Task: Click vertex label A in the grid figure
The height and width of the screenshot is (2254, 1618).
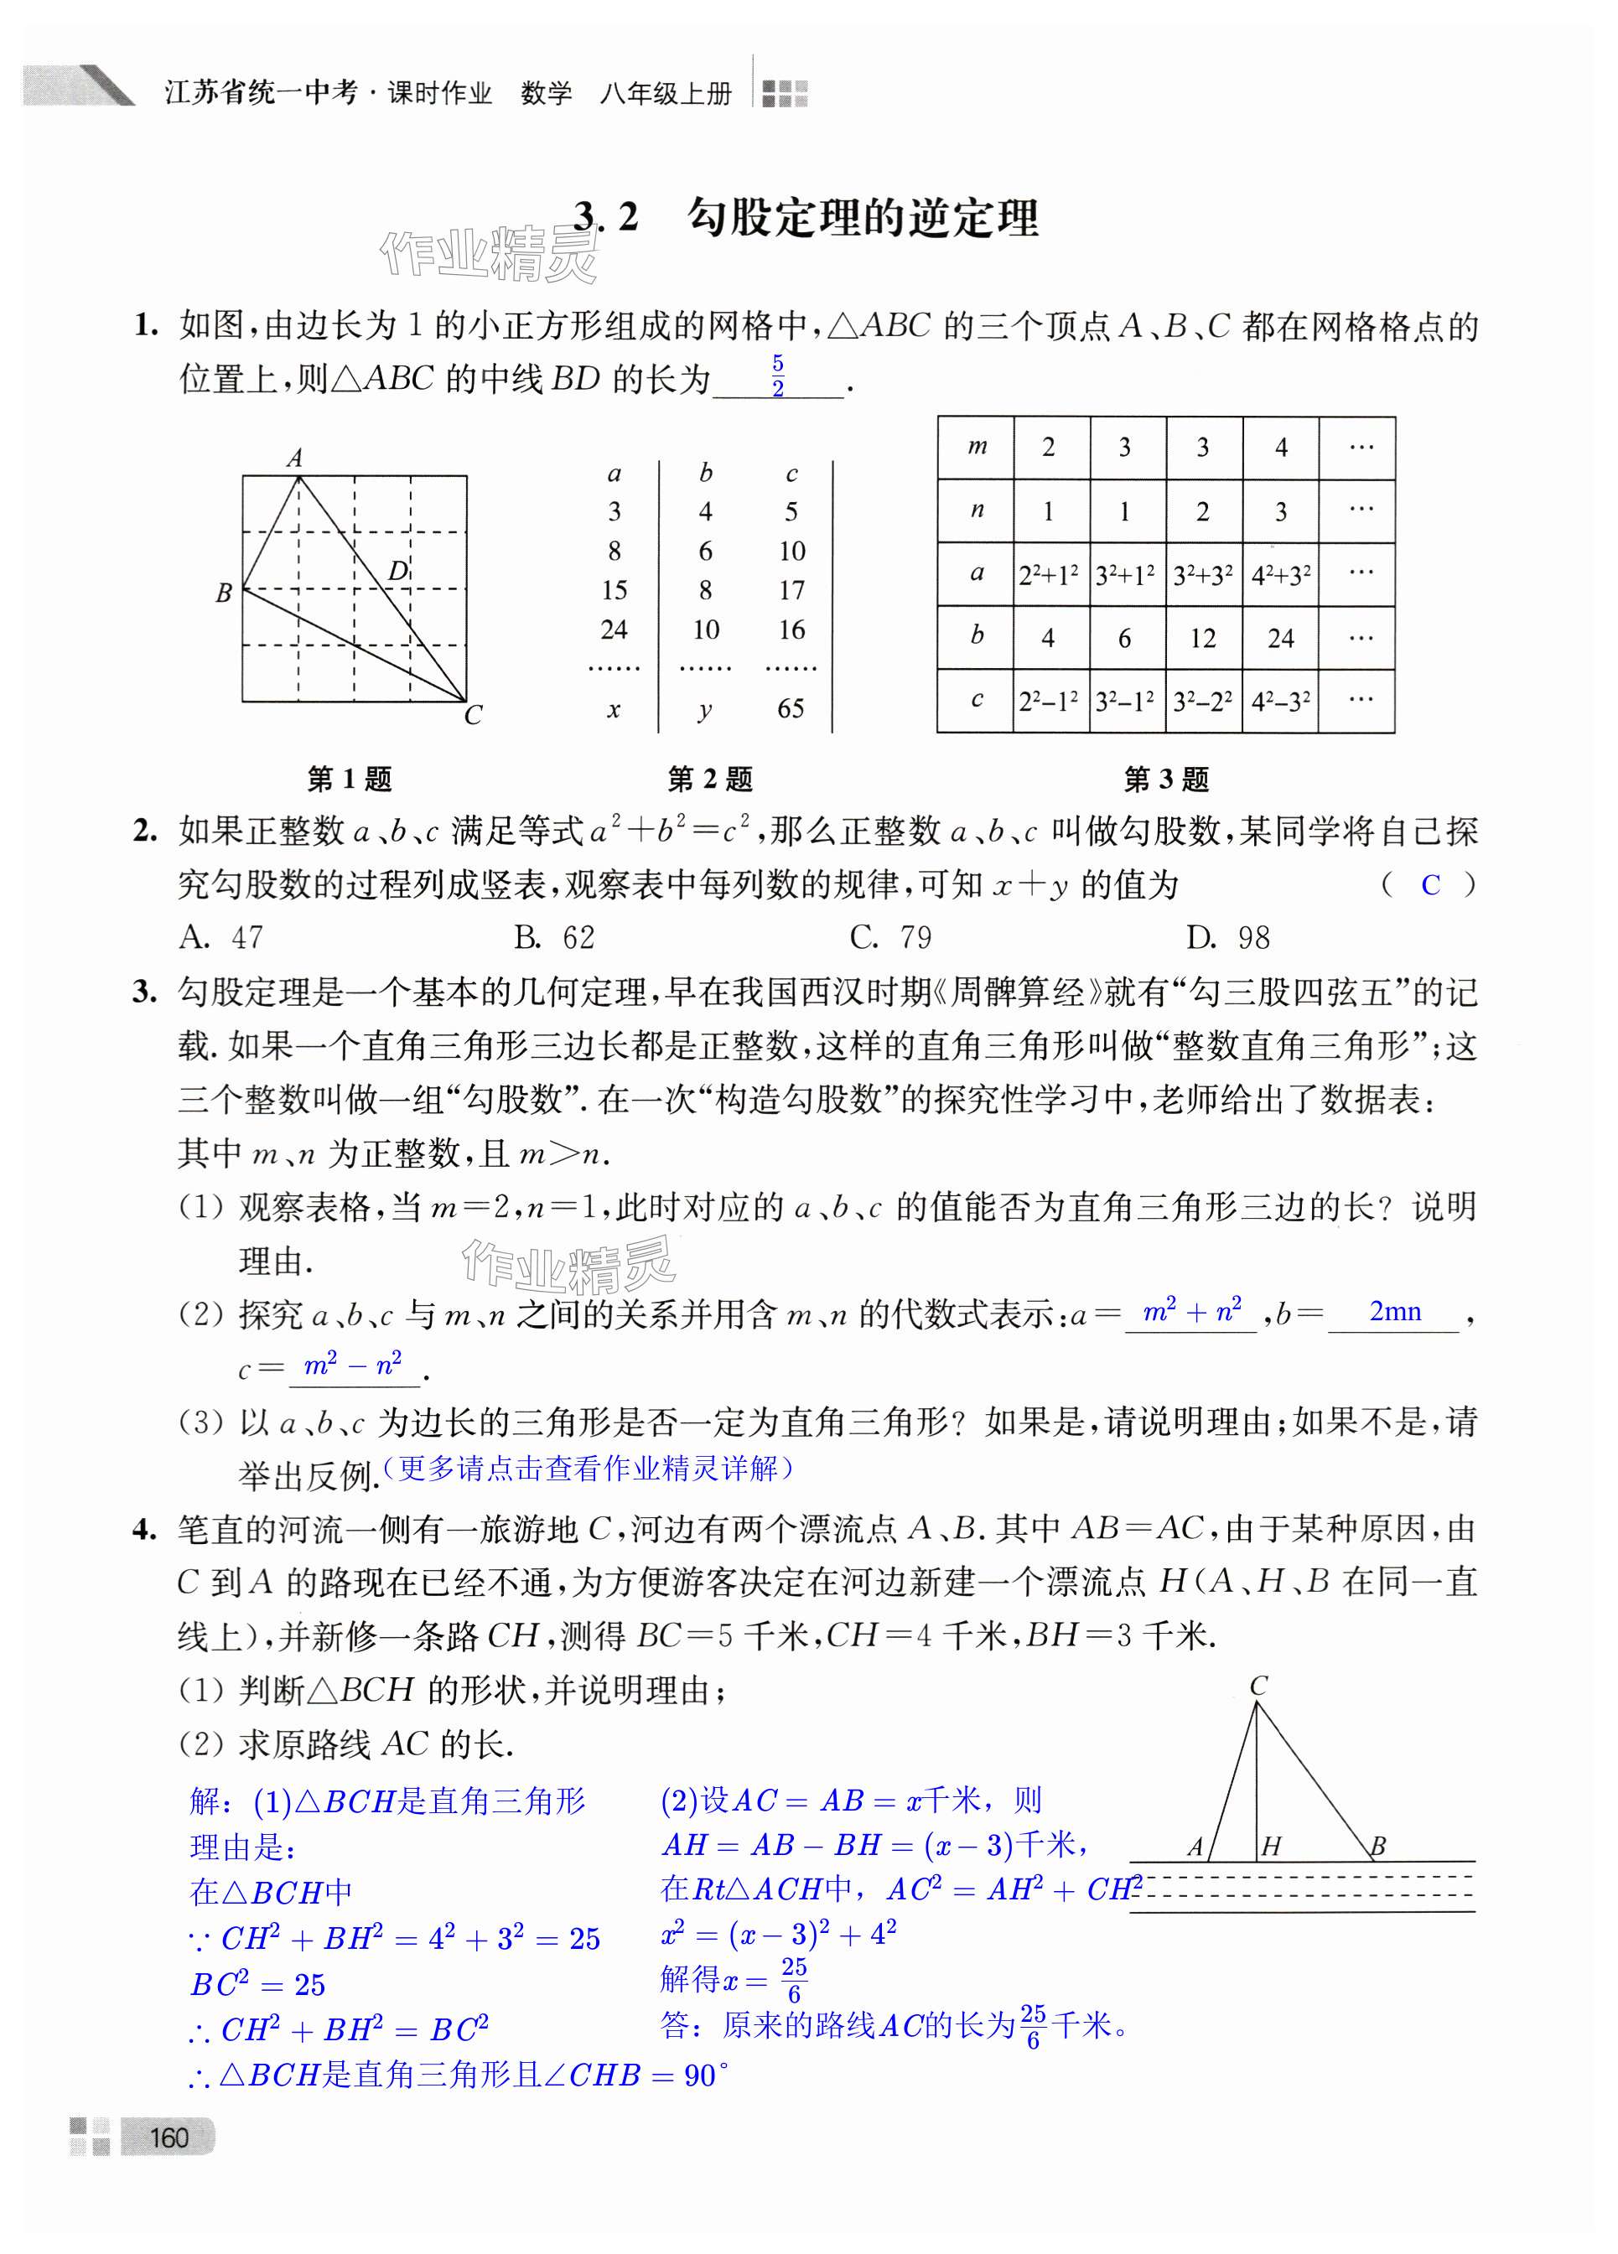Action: pos(295,459)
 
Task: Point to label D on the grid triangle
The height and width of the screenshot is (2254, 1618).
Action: pos(398,571)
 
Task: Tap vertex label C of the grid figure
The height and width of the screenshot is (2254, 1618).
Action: pos(473,714)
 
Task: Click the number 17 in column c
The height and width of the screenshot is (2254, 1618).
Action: pos(791,590)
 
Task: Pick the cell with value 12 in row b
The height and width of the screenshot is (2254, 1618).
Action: pos(1202,638)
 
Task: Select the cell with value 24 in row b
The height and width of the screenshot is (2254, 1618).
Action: pos(1280,638)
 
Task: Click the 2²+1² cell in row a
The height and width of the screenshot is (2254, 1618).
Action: pos(1049,574)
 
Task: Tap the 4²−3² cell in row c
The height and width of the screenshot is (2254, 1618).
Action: pos(1280,702)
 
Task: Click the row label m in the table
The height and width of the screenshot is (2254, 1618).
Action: pos(977,448)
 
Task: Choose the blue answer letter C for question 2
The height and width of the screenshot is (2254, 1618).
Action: pos(1430,884)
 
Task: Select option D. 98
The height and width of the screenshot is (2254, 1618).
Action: pos(1228,937)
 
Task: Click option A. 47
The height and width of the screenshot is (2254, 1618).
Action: pos(220,937)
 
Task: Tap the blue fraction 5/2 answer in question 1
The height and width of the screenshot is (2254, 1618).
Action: pos(778,376)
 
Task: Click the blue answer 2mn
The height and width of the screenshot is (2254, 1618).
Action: pos(1394,1312)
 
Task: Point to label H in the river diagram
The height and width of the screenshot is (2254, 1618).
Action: pos(1271,1847)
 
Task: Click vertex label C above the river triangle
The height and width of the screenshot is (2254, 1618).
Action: pos(1258,1686)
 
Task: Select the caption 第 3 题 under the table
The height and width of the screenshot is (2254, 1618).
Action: pos(1166,780)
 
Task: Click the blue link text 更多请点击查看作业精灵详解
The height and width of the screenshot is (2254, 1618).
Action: pos(589,1468)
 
